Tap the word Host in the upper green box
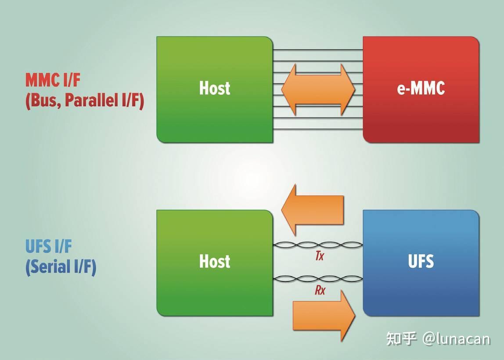pyautogui.click(x=215, y=88)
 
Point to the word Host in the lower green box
pyautogui.click(x=215, y=261)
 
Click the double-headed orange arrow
pyautogui.click(x=318, y=90)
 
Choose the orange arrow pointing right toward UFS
pyautogui.click(x=324, y=315)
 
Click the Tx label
pyautogui.click(x=319, y=256)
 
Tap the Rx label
pyautogui.click(x=320, y=290)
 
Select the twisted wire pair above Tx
pyautogui.click(x=318, y=245)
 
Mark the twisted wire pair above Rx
pyautogui.click(x=318, y=278)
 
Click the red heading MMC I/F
pyautogui.click(x=53, y=80)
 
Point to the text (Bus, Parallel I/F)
pyautogui.click(x=84, y=101)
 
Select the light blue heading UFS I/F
pyautogui.click(x=48, y=247)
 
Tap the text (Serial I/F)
pyautogui.click(x=61, y=267)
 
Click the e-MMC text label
pyautogui.click(x=421, y=88)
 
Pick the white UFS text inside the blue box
pyautogui.click(x=421, y=261)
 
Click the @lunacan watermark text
pyautogui.click(x=456, y=338)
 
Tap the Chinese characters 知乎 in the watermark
pyautogui.click(x=401, y=338)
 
